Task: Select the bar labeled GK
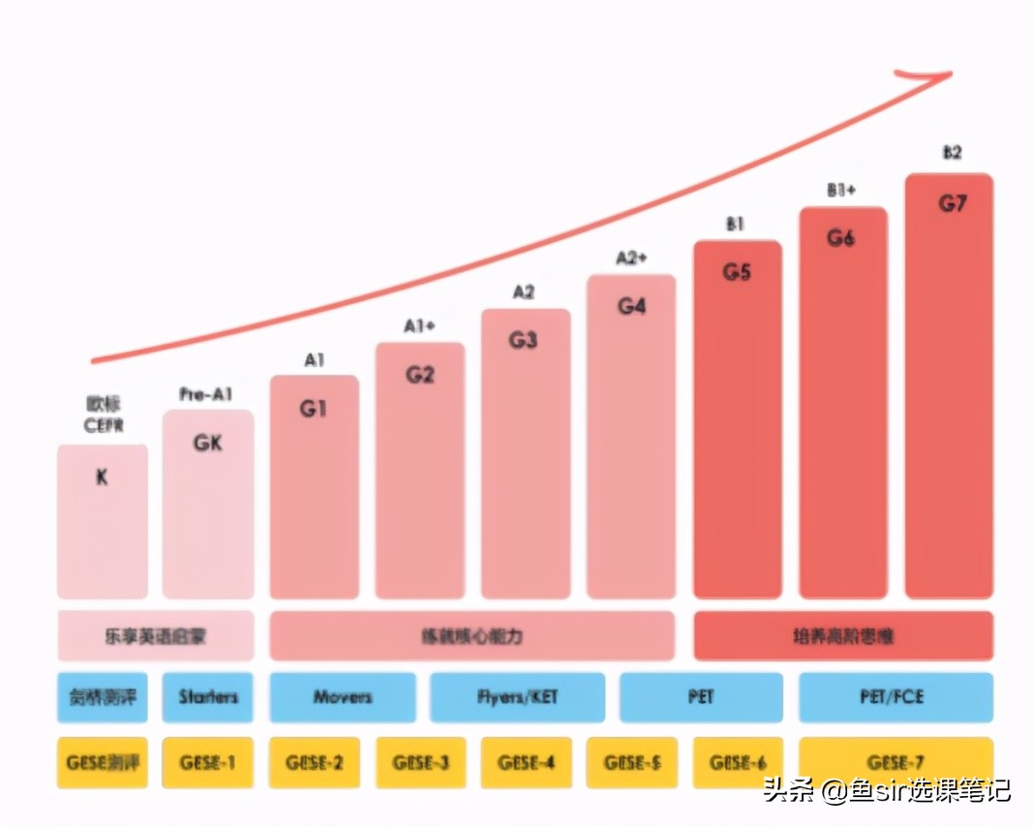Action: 208,504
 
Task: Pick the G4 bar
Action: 631,436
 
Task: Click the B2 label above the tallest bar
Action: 952,153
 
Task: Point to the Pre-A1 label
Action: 206,394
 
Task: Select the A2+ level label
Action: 631,259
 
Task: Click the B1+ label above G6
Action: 841,191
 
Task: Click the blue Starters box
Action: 208,697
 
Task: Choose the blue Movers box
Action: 343,697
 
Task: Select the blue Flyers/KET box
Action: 517,697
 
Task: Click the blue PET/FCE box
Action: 896,697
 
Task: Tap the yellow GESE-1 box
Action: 207,762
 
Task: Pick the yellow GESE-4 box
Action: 526,762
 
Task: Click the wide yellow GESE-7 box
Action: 896,762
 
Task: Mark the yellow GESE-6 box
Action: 737,762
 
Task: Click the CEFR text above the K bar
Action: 103,424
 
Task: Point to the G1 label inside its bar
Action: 313,409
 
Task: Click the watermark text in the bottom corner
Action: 887,790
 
